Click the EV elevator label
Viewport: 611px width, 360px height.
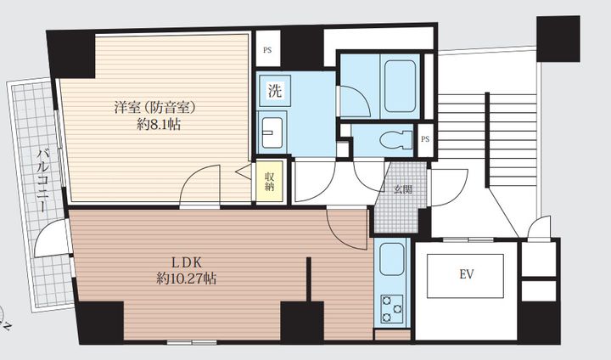point(467,274)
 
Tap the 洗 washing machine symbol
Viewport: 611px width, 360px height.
point(275,91)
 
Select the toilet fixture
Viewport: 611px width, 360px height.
point(396,140)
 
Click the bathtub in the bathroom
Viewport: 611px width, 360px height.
point(400,87)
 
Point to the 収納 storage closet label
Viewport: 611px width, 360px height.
point(269,182)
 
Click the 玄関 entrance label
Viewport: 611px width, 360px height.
point(402,190)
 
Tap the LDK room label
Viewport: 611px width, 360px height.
point(187,263)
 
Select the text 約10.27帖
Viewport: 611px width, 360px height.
point(187,278)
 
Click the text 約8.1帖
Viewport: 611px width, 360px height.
point(159,125)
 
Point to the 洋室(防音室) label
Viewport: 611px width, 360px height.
point(154,107)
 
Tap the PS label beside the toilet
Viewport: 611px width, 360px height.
point(425,139)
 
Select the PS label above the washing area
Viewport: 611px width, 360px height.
point(267,50)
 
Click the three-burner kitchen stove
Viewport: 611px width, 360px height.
point(391,308)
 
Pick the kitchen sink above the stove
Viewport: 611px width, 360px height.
point(391,260)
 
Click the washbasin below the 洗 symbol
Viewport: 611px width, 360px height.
point(272,133)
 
